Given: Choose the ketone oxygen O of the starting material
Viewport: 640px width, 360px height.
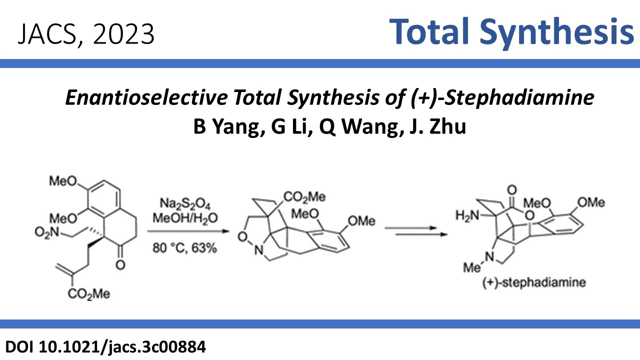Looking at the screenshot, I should point(120,265).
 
